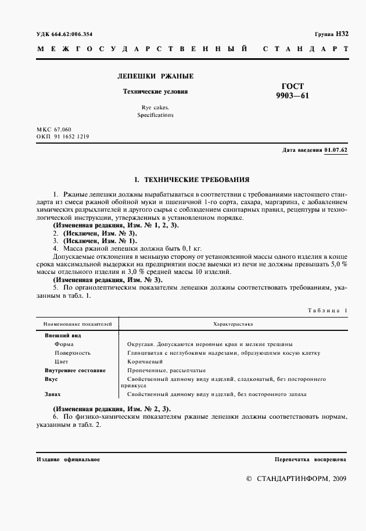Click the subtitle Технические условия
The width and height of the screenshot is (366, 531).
pyautogui.click(x=155, y=91)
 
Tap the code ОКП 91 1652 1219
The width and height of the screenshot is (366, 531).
pyautogui.click(x=62, y=136)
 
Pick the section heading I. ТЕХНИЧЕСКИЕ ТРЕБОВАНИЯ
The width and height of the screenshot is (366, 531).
pyautogui.click(x=192, y=180)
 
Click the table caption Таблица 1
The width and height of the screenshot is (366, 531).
pyautogui.click(x=328, y=311)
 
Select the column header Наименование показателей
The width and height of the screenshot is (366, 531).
pyautogui.click(x=73, y=323)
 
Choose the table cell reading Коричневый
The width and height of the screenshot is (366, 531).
pyautogui.click(x=144, y=361)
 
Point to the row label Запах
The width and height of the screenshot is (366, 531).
pyautogui.click(x=53, y=394)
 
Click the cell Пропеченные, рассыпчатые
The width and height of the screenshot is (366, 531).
pyautogui.click(x=162, y=370)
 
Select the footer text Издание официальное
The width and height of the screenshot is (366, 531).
pyautogui.click(x=68, y=459)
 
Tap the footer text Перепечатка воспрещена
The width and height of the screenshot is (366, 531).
pyautogui.click(x=311, y=459)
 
